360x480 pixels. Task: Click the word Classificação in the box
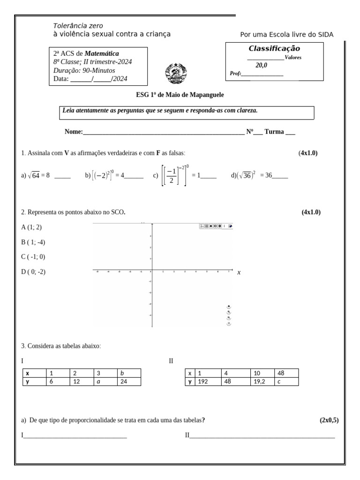click(x=274, y=49)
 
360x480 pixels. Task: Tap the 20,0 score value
click(x=261, y=65)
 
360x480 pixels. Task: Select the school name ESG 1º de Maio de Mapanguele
click(x=180, y=95)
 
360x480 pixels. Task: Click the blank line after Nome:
click(x=164, y=133)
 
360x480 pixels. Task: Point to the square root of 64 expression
click(x=34, y=175)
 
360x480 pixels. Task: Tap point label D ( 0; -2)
click(x=33, y=271)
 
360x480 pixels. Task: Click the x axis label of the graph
click(x=239, y=272)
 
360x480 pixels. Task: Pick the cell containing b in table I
click(x=129, y=374)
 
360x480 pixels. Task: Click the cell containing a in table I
click(x=105, y=382)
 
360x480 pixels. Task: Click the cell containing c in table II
click(x=286, y=382)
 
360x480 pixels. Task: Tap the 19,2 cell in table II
click(x=262, y=382)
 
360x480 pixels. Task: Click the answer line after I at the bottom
click(x=75, y=435)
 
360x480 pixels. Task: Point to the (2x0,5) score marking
click(x=329, y=420)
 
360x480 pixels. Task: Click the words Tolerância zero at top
click(x=78, y=26)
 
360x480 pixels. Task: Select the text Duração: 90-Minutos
click(x=84, y=70)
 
